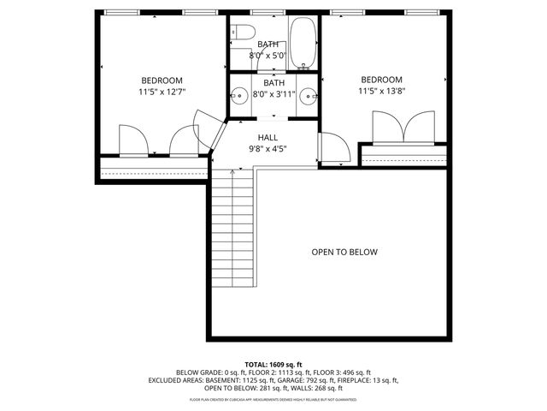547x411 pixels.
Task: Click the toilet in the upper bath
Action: click(x=242, y=35)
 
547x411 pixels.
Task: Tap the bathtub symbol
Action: click(x=303, y=44)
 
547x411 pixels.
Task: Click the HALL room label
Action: click(x=268, y=137)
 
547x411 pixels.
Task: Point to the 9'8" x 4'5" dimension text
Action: click(x=268, y=148)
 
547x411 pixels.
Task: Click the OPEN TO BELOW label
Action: click(x=344, y=253)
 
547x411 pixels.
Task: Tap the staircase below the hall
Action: click(x=232, y=231)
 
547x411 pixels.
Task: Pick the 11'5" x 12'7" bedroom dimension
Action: click(x=162, y=91)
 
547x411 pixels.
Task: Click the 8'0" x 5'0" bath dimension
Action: click(x=268, y=56)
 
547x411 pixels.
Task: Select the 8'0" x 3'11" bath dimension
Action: click(x=273, y=94)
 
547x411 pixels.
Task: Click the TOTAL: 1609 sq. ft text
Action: click(x=273, y=365)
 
